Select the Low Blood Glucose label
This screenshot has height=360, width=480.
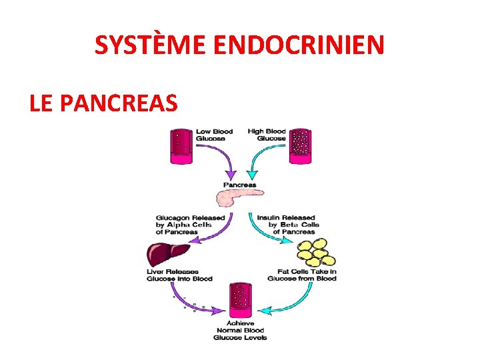214,135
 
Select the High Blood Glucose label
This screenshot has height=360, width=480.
267,135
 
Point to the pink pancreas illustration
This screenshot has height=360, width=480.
239,197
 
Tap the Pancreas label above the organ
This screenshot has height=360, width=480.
239,185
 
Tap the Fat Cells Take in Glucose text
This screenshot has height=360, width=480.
302,275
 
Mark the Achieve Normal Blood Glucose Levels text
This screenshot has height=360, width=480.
240,330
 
